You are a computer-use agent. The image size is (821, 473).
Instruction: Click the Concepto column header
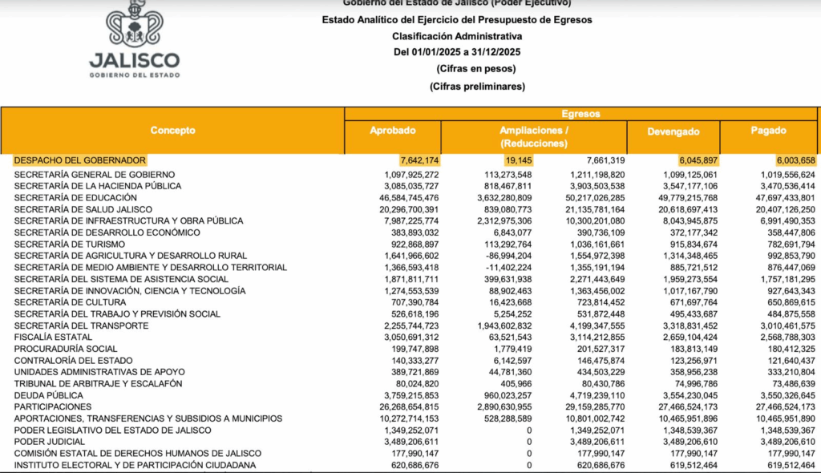click(x=172, y=131)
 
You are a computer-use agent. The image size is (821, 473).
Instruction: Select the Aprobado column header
click(x=392, y=131)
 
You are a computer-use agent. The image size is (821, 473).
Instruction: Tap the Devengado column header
click(x=673, y=131)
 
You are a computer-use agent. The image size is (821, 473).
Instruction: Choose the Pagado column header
click(x=767, y=131)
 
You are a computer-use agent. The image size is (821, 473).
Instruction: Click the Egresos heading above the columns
click(x=581, y=114)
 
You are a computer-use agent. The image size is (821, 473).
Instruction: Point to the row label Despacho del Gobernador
click(x=80, y=160)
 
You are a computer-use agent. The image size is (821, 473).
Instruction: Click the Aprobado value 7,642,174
click(x=419, y=160)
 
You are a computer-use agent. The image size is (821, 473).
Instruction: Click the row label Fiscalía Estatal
click(x=47, y=338)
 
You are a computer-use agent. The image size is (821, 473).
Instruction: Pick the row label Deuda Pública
click(x=49, y=395)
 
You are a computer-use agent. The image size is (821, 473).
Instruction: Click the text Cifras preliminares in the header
click(x=477, y=86)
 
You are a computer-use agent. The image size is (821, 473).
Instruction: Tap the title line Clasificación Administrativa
click(x=457, y=37)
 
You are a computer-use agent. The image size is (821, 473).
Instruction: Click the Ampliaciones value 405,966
click(x=516, y=384)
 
